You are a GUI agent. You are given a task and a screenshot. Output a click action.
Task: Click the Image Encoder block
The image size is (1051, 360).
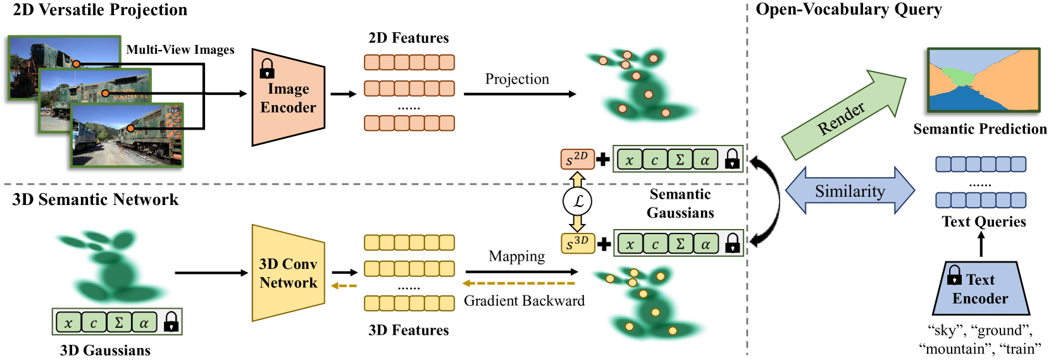coord(288,97)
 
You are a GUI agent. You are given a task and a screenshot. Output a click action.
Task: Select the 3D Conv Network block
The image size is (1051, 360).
coord(288,273)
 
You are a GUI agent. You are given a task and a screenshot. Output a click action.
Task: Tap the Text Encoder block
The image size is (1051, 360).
coord(980,289)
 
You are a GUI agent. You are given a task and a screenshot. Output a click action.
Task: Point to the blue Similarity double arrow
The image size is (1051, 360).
coord(850,190)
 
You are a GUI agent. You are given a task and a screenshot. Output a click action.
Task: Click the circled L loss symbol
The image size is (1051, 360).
coord(577,201)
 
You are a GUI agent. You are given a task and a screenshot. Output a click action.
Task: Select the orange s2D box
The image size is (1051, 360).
coord(577,159)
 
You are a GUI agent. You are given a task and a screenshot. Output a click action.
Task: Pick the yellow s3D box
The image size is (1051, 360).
coord(577,244)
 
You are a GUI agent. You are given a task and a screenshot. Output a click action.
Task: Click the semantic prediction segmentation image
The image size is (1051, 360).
coord(983,80)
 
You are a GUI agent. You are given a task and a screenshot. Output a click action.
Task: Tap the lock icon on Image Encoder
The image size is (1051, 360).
coord(267,68)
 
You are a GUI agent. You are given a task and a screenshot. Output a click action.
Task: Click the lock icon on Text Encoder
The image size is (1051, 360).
coord(954,275)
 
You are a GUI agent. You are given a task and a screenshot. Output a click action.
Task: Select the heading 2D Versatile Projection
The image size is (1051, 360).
coord(100,10)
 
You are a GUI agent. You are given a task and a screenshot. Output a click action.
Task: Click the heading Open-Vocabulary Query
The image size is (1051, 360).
coord(849,9)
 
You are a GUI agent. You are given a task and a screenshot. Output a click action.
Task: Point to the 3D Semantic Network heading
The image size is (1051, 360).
coord(96,200)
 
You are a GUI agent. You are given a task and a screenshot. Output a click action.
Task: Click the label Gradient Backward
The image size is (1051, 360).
coord(524,301)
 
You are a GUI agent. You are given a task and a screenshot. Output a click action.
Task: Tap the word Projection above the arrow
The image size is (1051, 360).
coord(517,79)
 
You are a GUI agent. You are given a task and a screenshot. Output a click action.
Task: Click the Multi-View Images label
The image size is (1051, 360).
coord(180,50)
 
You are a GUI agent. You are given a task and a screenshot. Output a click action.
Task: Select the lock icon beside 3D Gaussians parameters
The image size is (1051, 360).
coord(171,322)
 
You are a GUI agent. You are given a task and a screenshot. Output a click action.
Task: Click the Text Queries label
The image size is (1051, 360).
coord(983,221)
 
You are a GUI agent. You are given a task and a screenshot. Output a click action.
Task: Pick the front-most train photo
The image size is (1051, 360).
coord(127,135)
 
